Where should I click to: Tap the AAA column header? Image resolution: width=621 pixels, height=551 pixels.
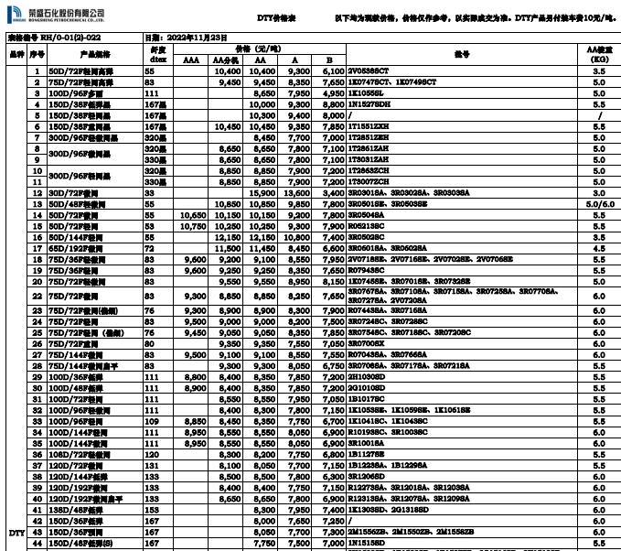[x=190, y=59]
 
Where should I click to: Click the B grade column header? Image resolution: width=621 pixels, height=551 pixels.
[x=327, y=59]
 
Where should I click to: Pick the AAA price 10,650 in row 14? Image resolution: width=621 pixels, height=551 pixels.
[x=192, y=213]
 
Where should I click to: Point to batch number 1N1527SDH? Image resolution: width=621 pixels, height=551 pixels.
[x=371, y=104]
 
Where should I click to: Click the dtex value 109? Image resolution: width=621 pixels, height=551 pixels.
[x=152, y=420]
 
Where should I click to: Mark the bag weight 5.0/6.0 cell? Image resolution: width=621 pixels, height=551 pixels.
[x=599, y=203]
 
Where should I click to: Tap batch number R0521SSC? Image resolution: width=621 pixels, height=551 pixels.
[x=368, y=223]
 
